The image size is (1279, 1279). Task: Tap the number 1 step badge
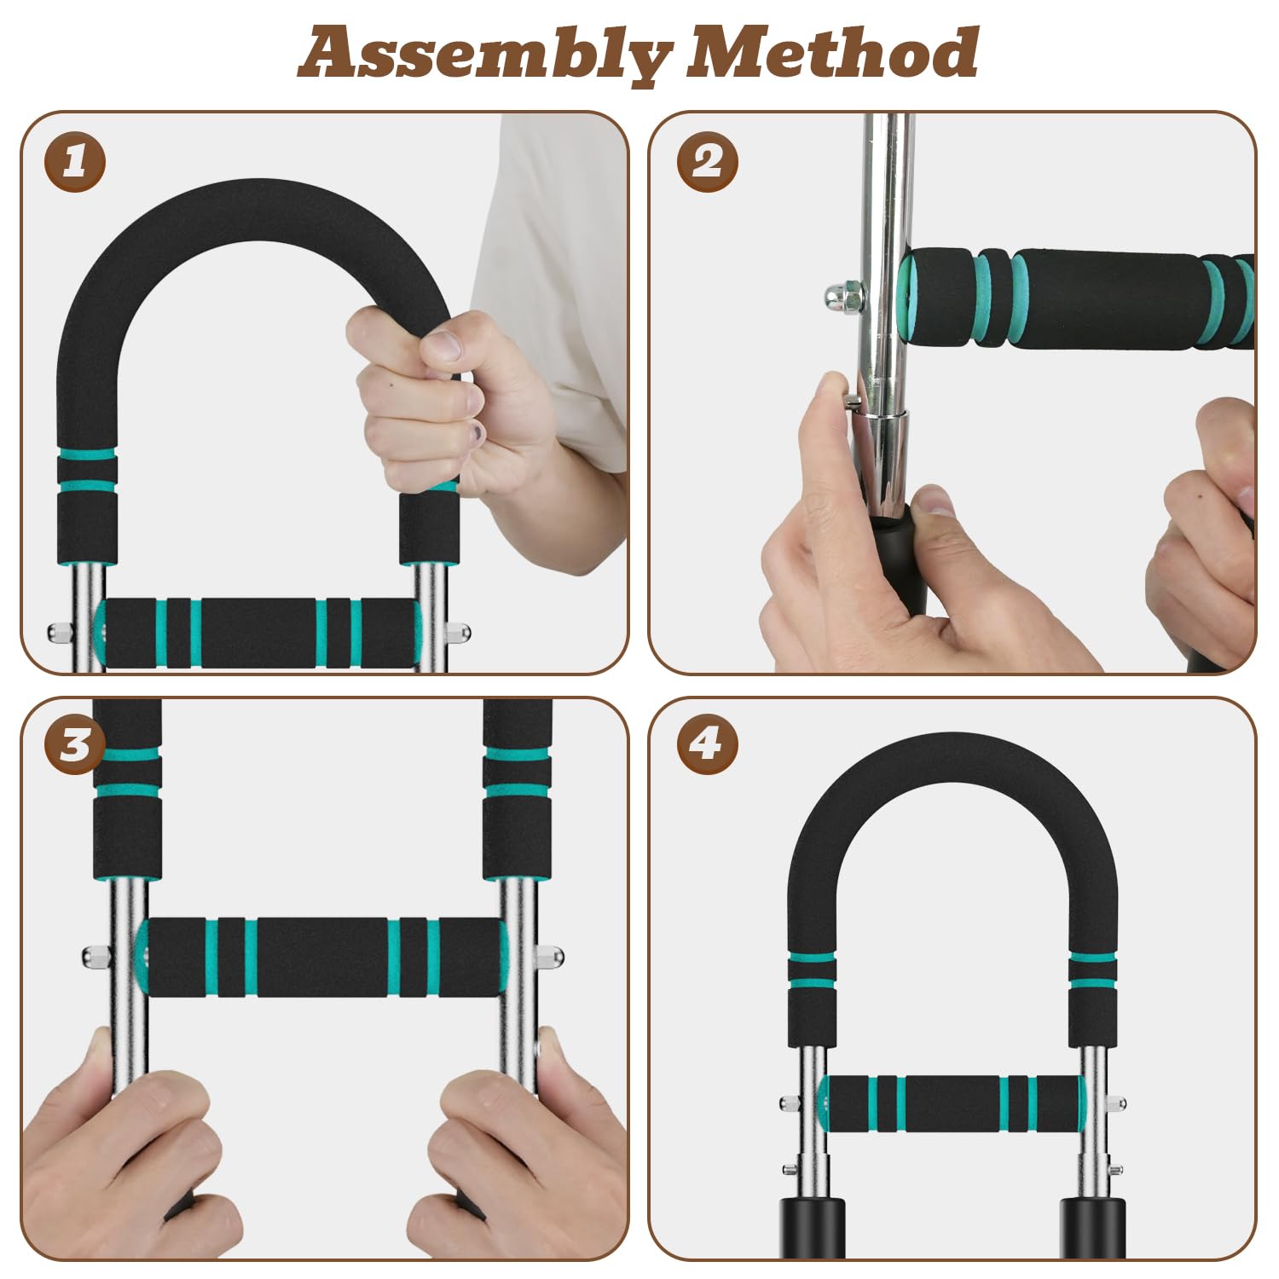click(x=75, y=161)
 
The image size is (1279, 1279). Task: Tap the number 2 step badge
click(x=708, y=161)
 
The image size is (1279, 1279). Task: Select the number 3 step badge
click(x=75, y=744)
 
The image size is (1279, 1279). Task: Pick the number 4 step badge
click(x=708, y=744)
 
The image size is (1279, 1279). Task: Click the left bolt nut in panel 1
click(x=60, y=633)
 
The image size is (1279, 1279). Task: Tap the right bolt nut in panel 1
click(x=458, y=634)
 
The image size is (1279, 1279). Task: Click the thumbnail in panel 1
click(x=443, y=345)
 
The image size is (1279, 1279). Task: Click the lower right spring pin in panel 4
click(x=1114, y=1168)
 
